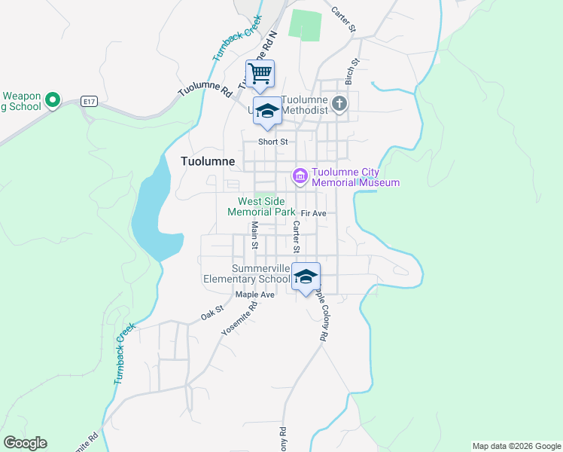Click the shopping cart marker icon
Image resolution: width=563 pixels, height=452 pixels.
point(260,74)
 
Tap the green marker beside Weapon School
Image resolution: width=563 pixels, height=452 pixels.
point(53,99)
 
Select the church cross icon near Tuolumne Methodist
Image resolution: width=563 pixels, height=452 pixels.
point(339,103)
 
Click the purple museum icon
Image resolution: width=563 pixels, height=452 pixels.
point(300,176)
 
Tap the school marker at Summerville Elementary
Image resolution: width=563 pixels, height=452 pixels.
point(306,276)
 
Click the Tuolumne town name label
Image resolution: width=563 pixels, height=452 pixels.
point(208,161)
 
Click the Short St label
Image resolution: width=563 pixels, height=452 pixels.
point(273,142)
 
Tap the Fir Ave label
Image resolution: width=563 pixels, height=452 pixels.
point(313,214)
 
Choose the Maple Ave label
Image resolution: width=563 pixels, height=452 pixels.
point(254,295)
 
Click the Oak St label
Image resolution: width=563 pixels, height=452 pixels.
point(212,313)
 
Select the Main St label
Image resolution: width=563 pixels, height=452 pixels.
point(254,235)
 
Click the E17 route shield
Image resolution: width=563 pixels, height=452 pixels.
point(90,100)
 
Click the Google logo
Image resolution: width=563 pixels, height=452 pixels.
point(25,443)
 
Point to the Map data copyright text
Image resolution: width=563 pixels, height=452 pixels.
point(516,446)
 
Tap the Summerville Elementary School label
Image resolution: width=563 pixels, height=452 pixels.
point(245,273)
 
